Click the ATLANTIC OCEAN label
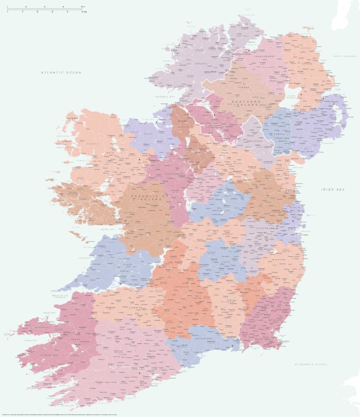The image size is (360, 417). coord(61,72)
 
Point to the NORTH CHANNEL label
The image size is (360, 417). coord(345,56)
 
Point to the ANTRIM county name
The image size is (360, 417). coord(307,63)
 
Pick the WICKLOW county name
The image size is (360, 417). coord(279,259)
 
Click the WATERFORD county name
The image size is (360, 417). coord(204,338)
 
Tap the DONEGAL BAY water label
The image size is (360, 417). coord(165,97)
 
